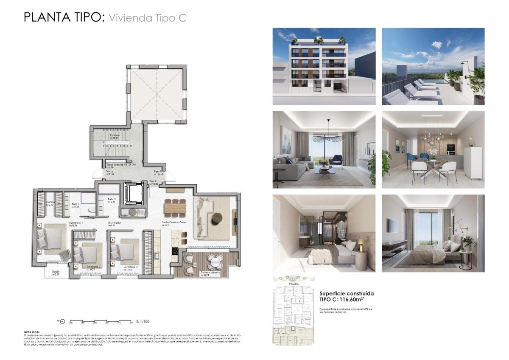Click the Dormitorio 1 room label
pyautogui.click(x=76, y=222)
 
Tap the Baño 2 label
pyautogui.click(x=112, y=199)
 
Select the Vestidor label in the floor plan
pyautogui.click(x=50, y=202)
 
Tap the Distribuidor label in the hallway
pyautogui.click(x=115, y=222)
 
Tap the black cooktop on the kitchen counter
pyautogui.click(x=175, y=251)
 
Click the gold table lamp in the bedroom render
pyautogui.click(x=361, y=244)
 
